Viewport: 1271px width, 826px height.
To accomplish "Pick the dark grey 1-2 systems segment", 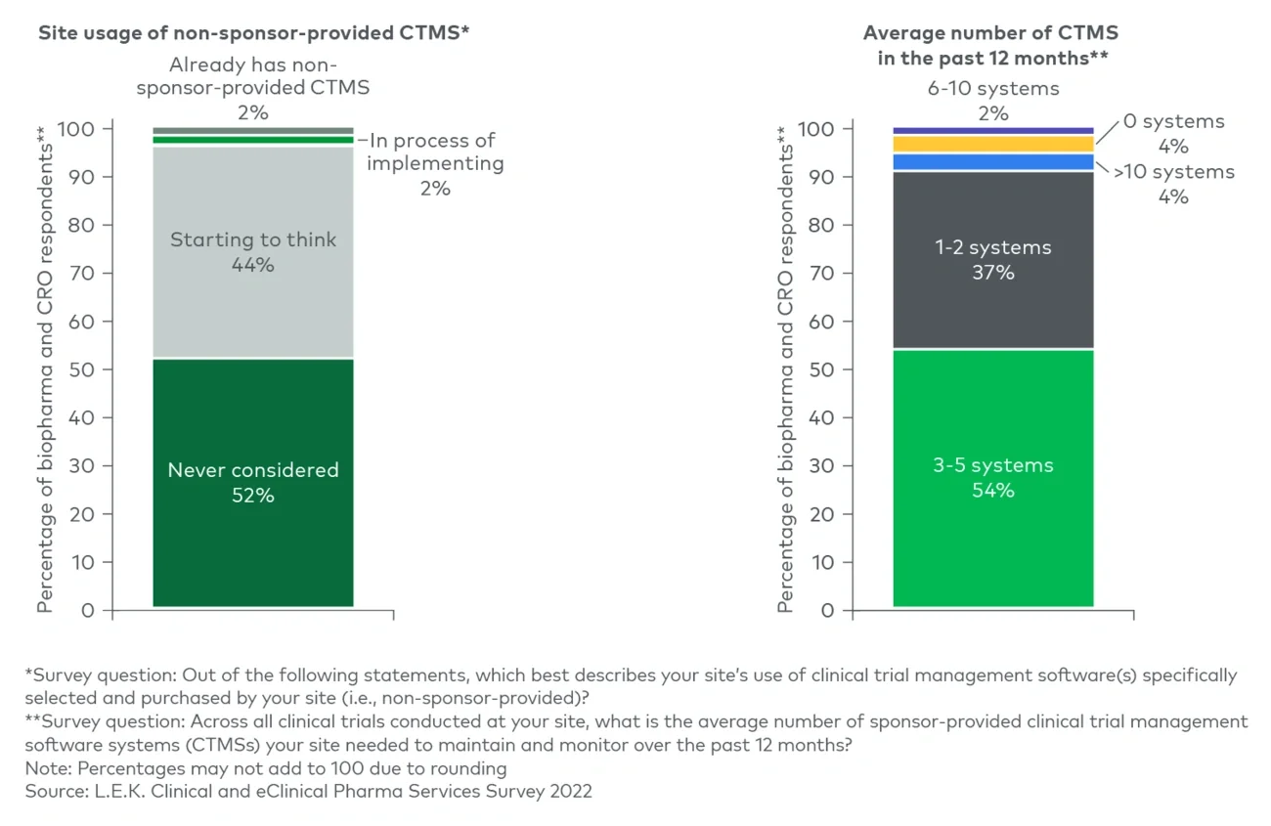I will (992, 303).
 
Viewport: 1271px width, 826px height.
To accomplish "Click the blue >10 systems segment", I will (992, 162).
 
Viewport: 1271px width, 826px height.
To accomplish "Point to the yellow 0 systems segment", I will (992, 144).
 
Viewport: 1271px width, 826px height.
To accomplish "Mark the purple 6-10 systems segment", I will (992, 130).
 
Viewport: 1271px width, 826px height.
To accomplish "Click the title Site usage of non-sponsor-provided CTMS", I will (253, 32).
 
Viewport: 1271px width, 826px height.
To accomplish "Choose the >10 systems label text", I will (1173, 172).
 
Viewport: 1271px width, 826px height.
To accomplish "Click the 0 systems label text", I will (1173, 122).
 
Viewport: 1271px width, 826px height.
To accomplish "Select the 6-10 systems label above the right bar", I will (992, 89).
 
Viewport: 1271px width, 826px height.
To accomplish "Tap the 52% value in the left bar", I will (252, 496).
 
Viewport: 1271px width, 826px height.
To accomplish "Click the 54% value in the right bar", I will (992, 491).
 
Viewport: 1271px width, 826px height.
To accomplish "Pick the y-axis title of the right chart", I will (786, 370).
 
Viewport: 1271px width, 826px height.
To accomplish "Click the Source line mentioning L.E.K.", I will (308, 791).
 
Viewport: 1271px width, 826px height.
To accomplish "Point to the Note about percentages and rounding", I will (266, 767).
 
